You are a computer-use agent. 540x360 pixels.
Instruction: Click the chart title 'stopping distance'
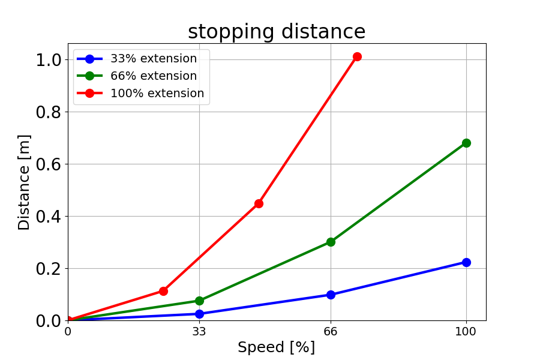(x=277, y=32)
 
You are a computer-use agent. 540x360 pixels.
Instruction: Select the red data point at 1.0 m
(x=357, y=56)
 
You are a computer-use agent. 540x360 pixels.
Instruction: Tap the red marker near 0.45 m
(x=259, y=203)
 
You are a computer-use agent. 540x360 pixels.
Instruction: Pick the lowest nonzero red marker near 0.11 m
(x=163, y=291)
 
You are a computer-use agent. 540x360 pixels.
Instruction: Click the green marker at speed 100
(x=466, y=143)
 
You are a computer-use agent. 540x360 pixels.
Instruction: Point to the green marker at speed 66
(x=331, y=242)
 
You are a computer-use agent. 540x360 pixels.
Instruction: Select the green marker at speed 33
(x=199, y=301)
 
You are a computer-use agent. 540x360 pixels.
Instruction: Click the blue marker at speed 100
(x=466, y=262)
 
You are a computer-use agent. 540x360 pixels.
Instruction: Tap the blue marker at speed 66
(x=331, y=295)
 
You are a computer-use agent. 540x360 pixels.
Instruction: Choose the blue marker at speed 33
(x=199, y=314)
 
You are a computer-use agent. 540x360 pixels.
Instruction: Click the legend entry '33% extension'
(x=153, y=59)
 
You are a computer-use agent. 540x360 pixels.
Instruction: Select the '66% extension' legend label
(x=153, y=76)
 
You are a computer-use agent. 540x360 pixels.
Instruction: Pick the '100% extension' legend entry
(x=157, y=94)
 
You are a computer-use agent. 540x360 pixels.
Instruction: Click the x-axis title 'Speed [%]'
(x=276, y=347)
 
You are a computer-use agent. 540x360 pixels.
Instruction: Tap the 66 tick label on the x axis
(x=331, y=331)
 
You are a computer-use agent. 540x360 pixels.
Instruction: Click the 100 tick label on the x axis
(x=466, y=331)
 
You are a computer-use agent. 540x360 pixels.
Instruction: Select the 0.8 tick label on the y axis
(x=48, y=112)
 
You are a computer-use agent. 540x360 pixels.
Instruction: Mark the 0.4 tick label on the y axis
(x=48, y=217)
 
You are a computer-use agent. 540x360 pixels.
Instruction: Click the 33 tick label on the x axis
(x=199, y=331)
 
